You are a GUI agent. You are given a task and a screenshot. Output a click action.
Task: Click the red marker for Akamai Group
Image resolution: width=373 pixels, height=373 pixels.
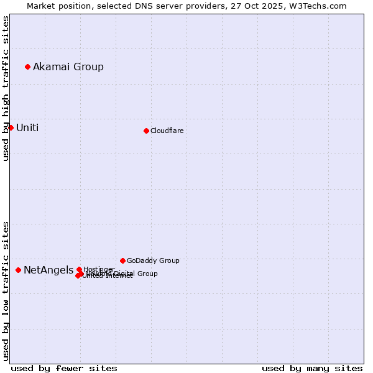(27, 67)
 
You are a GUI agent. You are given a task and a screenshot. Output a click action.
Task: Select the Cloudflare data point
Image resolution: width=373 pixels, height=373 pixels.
(146, 131)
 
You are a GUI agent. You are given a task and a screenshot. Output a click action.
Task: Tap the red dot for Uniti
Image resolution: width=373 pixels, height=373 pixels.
(11, 127)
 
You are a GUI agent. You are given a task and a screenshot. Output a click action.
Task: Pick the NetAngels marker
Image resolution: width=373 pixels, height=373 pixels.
(18, 270)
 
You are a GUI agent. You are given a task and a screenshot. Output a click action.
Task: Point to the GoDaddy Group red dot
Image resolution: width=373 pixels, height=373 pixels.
(122, 260)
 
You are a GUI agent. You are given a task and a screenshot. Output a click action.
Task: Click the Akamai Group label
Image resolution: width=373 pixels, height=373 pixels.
(68, 67)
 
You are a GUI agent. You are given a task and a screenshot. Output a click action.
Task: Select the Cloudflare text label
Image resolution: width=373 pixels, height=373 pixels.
(167, 131)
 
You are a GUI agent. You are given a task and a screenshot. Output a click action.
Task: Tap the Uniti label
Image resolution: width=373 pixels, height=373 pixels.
(27, 127)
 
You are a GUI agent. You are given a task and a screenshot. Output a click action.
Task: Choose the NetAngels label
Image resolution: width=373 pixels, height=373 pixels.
(48, 270)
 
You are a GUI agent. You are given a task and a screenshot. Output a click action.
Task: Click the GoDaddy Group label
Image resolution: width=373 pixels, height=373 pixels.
(153, 260)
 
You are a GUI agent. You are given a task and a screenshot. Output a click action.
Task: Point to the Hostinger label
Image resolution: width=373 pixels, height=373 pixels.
(99, 269)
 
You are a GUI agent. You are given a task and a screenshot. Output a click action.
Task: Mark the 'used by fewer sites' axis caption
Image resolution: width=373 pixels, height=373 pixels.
(64, 368)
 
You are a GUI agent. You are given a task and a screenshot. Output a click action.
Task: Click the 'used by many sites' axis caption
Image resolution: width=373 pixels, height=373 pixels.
(312, 368)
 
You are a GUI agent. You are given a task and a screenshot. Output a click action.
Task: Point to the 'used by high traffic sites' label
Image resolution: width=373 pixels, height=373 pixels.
(6, 88)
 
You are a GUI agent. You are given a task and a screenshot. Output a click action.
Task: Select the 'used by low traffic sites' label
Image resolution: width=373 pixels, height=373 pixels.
(6, 290)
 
